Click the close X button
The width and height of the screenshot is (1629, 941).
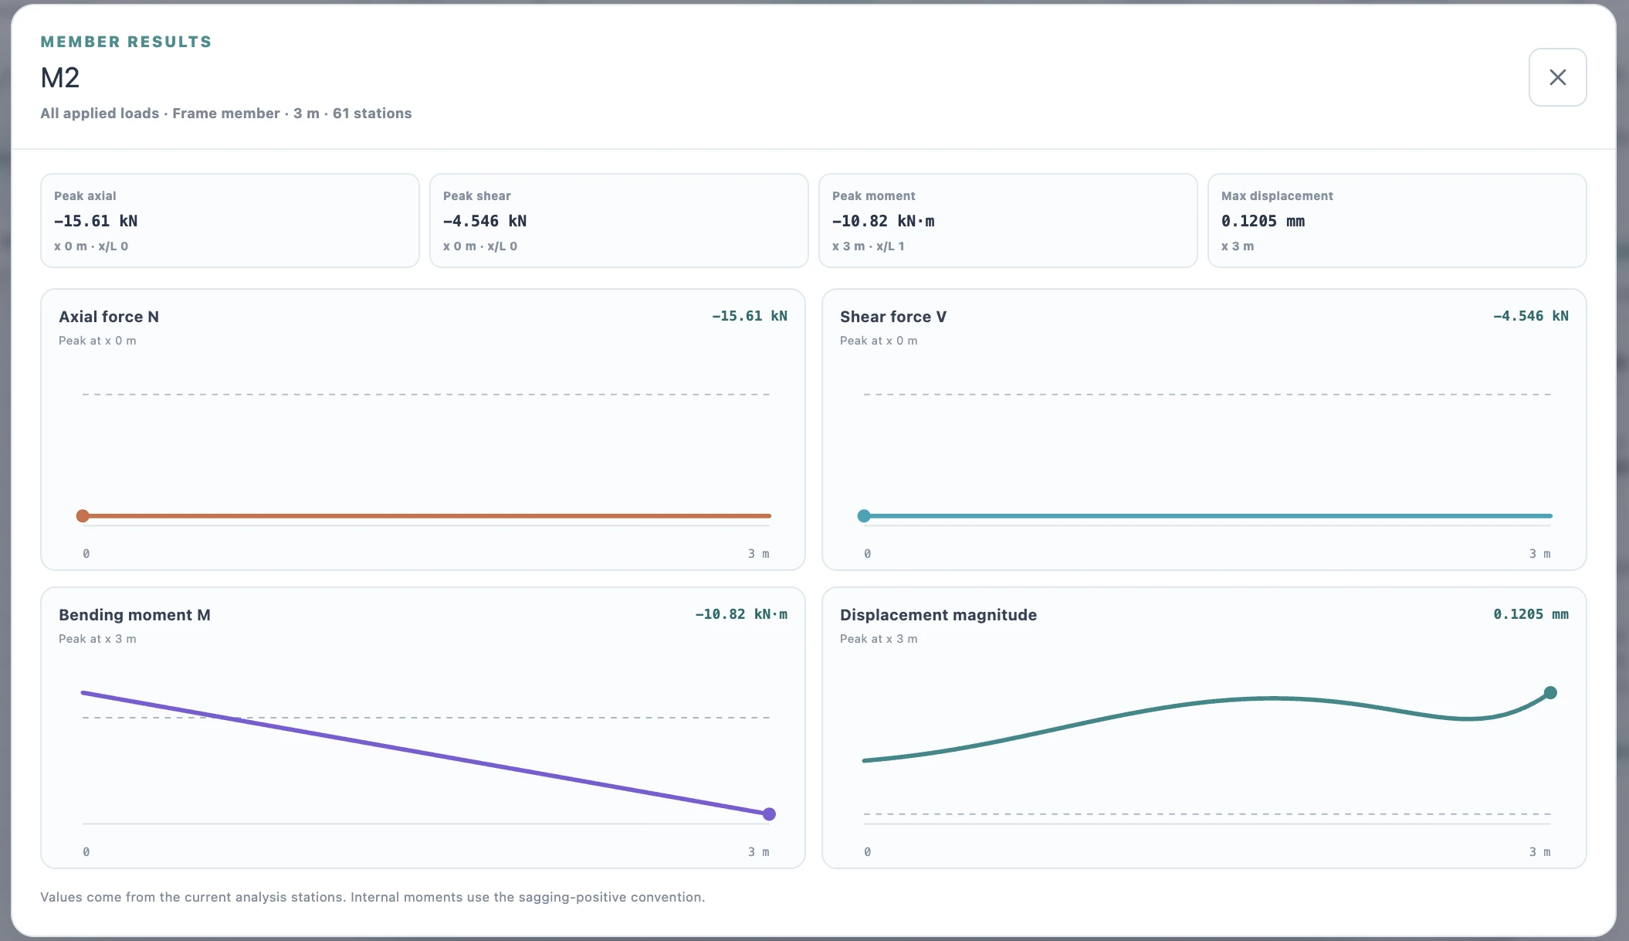click(x=1557, y=77)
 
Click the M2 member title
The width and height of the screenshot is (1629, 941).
click(x=60, y=78)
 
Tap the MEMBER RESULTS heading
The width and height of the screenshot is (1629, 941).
click(x=126, y=42)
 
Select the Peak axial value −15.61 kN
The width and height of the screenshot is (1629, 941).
click(x=96, y=221)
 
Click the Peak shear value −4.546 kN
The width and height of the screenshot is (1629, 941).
click(x=485, y=221)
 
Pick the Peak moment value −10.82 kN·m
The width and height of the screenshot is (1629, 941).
click(x=883, y=221)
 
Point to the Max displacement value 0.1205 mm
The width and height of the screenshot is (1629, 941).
click(x=1263, y=221)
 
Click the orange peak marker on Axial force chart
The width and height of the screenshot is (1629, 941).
click(x=83, y=516)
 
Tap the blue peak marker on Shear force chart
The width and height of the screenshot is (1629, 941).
click(x=864, y=516)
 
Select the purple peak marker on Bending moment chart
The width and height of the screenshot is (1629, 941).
click(x=769, y=814)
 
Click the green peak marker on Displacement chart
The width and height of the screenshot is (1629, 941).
click(x=1550, y=693)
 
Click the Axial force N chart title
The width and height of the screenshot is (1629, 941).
click(x=109, y=317)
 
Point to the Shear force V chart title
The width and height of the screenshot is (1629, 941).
click(x=893, y=317)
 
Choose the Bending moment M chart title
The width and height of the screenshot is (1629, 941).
click(x=134, y=615)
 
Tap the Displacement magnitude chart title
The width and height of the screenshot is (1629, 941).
click(x=938, y=615)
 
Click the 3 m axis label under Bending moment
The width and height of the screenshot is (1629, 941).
click(x=758, y=852)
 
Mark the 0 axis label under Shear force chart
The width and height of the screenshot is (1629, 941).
click(x=868, y=554)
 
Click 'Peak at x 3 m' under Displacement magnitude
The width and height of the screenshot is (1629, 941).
click(x=879, y=639)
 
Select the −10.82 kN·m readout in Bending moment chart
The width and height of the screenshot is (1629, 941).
click(x=741, y=614)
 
